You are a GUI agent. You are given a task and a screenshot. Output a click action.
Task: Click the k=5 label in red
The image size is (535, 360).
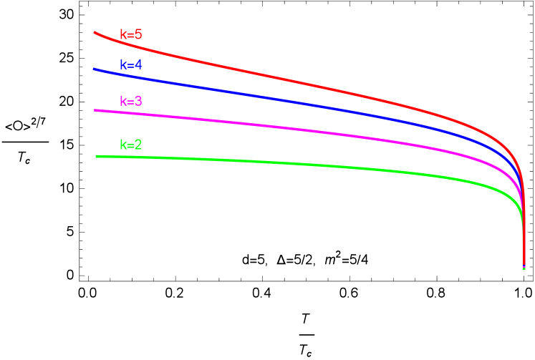pyautogui.click(x=131, y=34)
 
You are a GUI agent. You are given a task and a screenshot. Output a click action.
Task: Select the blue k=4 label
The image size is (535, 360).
pyautogui.click(x=131, y=65)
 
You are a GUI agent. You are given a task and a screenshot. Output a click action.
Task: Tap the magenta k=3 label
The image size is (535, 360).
pyautogui.click(x=131, y=101)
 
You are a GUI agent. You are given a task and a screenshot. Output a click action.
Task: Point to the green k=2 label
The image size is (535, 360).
pyautogui.click(x=131, y=145)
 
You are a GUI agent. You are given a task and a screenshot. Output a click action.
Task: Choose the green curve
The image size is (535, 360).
pyautogui.click(x=286, y=164)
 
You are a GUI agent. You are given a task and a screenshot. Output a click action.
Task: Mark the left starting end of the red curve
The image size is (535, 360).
pyautogui.click(x=95, y=31)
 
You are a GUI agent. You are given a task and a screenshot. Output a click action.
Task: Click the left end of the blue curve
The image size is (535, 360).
pyautogui.click(x=94, y=69)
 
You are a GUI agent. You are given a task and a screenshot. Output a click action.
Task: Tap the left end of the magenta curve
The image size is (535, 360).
pyautogui.click(x=95, y=110)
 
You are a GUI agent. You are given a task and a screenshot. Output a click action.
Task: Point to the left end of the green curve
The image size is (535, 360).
pyautogui.click(x=97, y=156)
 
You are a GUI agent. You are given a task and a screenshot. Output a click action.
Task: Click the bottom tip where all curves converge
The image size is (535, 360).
pyautogui.click(x=524, y=268)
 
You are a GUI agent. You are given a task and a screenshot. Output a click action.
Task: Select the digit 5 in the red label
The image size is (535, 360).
pyautogui.click(x=138, y=34)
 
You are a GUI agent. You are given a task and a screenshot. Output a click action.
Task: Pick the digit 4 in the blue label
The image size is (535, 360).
pyautogui.click(x=138, y=65)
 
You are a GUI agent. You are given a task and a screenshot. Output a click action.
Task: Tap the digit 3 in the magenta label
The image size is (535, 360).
pyautogui.click(x=138, y=101)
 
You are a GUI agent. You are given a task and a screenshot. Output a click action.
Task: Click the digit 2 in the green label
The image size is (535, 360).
pyautogui.click(x=138, y=145)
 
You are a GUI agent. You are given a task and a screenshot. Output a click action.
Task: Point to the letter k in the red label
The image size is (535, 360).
pyautogui.click(x=123, y=34)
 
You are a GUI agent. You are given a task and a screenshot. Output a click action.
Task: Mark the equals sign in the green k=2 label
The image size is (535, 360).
pyautogui.click(x=130, y=145)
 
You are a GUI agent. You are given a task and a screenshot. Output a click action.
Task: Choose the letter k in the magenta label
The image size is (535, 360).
pyautogui.click(x=123, y=101)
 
